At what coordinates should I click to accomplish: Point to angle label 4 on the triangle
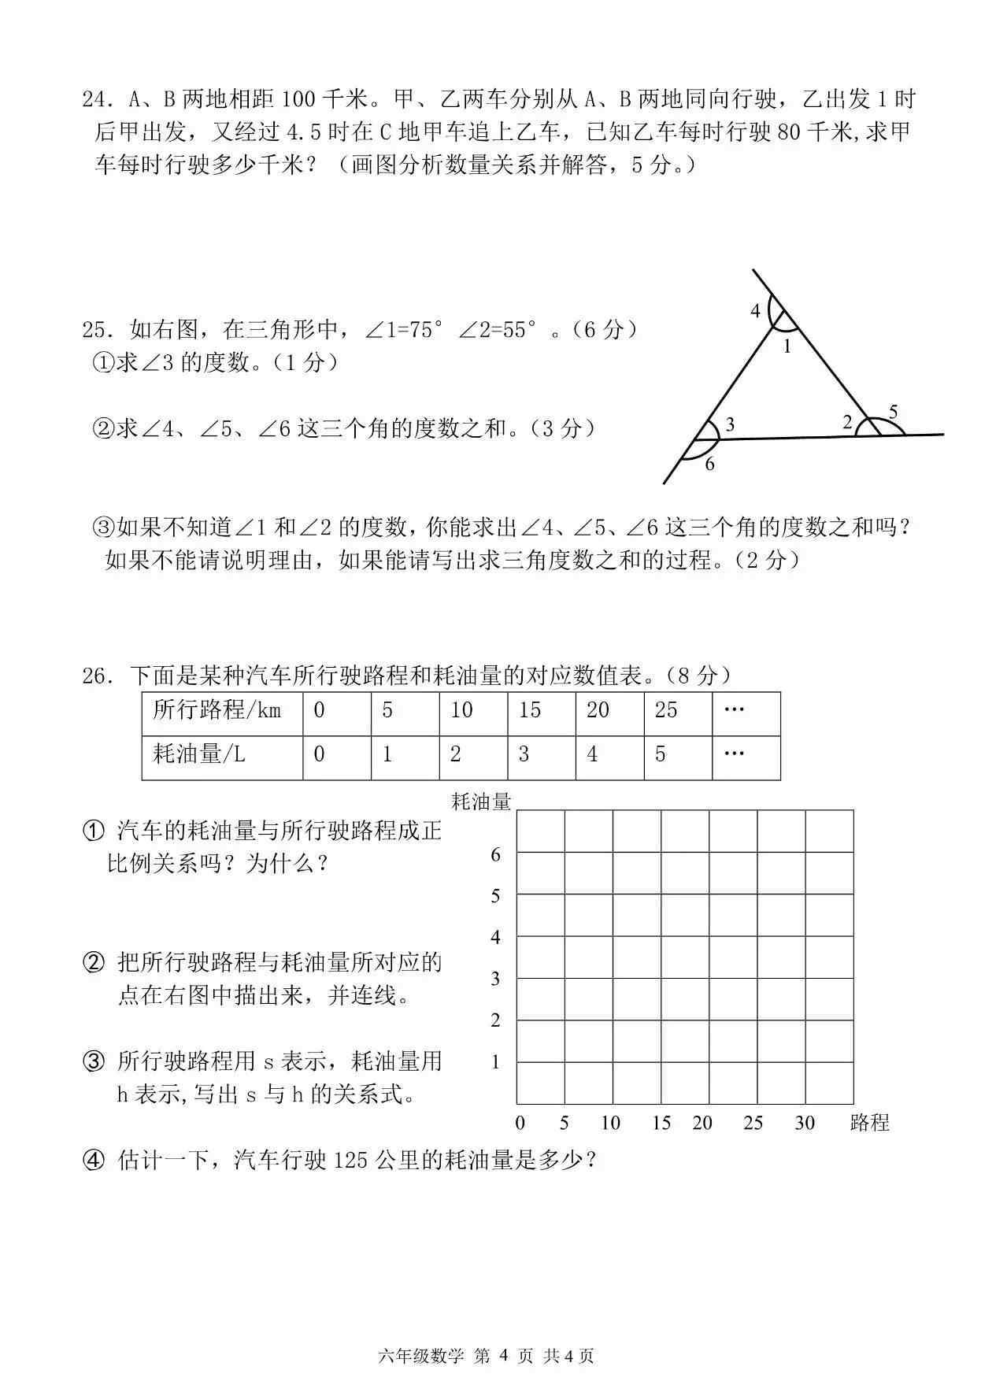coord(755,311)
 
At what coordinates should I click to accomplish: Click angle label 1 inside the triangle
coord(786,346)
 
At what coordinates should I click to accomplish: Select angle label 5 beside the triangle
coord(893,411)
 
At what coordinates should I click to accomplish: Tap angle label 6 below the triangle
coord(709,465)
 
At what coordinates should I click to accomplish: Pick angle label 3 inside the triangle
coord(730,425)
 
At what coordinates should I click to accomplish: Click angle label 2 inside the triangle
coord(847,423)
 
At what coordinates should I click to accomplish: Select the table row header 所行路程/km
coord(217,710)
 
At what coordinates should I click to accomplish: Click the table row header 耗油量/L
coord(199,754)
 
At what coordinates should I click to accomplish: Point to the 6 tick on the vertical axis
coord(495,854)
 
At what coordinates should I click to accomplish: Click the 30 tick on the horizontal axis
coord(804,1123)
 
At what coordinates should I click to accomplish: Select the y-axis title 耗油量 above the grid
coord(481,802)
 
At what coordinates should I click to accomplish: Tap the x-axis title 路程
coord(869,1124)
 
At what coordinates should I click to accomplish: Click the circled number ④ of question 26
coord(93,1161)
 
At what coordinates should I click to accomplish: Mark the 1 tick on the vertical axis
coord(495,1062)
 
